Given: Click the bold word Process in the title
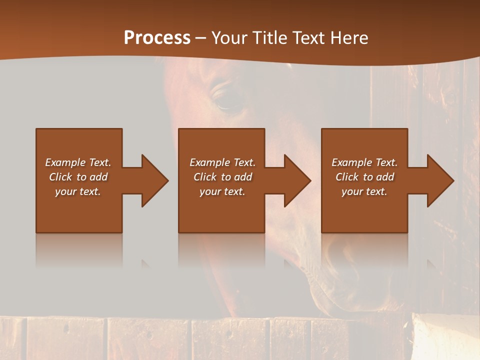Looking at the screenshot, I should pos(157,38).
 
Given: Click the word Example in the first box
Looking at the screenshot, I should pos(65,162).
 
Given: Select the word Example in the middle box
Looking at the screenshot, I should pos(209,162).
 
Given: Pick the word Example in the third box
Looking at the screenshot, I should pos(351,162).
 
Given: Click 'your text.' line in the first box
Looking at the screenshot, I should pos(78,191).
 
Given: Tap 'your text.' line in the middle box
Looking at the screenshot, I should pos(222,191).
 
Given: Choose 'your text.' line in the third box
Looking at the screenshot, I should pos(364,191).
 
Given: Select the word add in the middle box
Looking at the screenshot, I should pos(243,177).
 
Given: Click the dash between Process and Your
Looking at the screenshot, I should pos(200,38).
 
